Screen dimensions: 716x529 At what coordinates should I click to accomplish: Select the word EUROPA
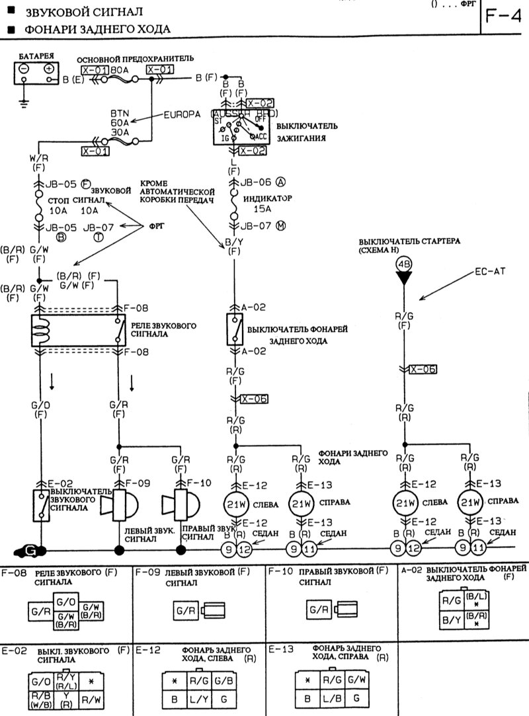click(x=183, y=114)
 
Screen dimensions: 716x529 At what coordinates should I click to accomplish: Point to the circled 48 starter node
click(x=404, y=264)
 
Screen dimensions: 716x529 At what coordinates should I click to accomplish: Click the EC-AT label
click(x=489, y=272)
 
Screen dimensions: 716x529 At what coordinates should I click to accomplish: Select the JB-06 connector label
click(x=255, y=182)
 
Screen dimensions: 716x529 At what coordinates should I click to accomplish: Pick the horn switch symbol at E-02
click(x=40, y=506)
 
